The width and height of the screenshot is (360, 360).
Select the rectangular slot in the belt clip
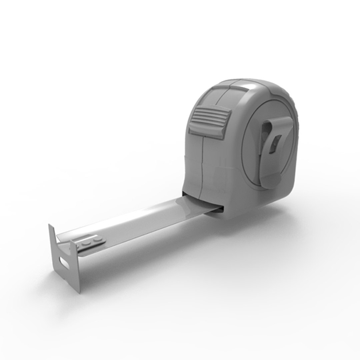[x=275, y=144]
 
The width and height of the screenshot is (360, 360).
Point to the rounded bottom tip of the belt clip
[x=270, y=183]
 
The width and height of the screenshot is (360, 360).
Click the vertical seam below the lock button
[x=202, y=167]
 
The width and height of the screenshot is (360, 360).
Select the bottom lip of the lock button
[x=205, y=132]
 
